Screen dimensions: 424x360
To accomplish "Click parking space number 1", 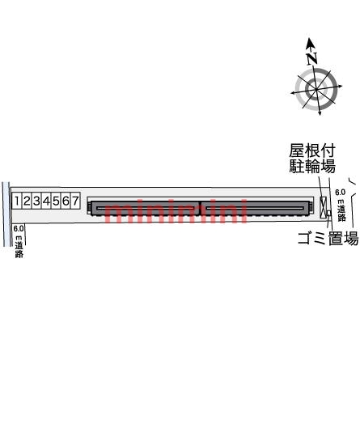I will pyautogui.click(x=16, y=201).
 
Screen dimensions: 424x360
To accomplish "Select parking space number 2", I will pyautogui.click(x=26, y=201).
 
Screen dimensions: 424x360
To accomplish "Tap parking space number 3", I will pyautogui.click(x=36, y=201).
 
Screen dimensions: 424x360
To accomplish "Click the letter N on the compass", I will pyautogui.click(x=312, y=58).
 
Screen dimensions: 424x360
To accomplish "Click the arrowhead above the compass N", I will pyautogui.click(x=311, y=43).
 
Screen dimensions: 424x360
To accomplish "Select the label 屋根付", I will pyautogui.click(x=311, y=151).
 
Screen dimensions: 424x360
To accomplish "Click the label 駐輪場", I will pyautogui.click(x=312, y=167).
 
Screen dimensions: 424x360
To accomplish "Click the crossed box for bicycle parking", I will pyautogui.click(x=323, y=206).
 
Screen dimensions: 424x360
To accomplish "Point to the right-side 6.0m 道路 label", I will pyautogui.click(x=341, y=206).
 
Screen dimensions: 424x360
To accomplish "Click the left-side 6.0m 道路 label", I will pyautogui.click(x=19, y=241).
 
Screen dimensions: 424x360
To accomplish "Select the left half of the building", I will pyautogui.click(x=142, y=208).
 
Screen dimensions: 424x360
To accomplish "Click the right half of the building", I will pyautogui.click(x=255, y=208).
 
